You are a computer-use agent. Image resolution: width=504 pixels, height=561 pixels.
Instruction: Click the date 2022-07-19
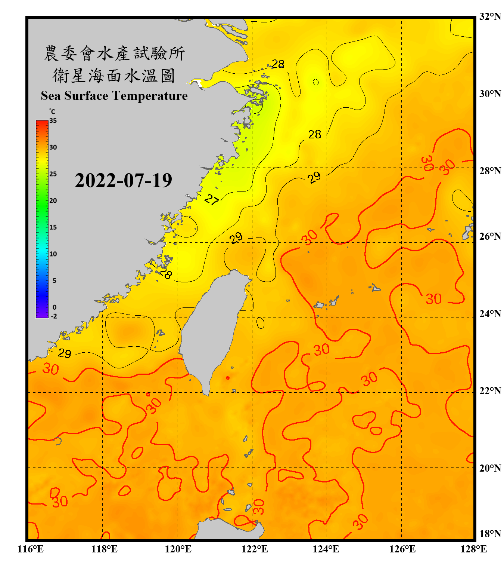click(123, 181)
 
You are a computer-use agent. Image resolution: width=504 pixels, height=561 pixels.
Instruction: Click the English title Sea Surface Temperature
click(114, 96)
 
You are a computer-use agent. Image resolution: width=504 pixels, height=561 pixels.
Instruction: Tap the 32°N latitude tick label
click(490, 16)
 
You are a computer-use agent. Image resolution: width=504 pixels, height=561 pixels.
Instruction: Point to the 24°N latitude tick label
click(490, 313)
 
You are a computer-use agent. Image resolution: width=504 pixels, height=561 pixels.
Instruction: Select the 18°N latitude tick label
click(490, 534)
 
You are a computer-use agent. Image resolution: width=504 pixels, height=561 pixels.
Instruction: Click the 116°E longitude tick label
click(31, 549)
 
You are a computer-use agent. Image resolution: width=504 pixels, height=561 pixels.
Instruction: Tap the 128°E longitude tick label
click(473, 549)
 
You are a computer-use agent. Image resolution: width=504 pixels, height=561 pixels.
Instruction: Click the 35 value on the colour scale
click(53, 121)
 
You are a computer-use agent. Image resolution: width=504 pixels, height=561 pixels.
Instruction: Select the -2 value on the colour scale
click(54, 316)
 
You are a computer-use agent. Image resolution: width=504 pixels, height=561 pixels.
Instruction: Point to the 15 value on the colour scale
click(53, 227)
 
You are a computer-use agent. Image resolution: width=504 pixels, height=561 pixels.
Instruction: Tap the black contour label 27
click(212, 200)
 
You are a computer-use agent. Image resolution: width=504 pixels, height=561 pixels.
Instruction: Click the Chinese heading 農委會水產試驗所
click(114, 53)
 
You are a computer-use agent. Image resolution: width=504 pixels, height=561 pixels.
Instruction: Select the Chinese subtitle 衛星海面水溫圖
click(114, 76)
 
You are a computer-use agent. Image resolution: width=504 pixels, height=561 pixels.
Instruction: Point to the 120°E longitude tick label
click(178, 549)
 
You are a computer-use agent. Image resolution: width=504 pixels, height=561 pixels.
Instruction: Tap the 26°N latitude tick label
click(490, 236)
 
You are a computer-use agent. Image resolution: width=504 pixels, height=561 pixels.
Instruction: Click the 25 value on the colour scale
click(53, 174)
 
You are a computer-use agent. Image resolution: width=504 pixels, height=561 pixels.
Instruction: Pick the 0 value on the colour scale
click(55, 307)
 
